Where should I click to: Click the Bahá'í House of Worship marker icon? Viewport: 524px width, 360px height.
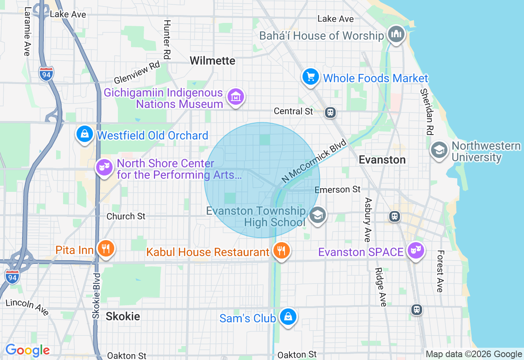[396, 34]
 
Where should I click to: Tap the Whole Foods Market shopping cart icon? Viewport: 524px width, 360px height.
[311, 76]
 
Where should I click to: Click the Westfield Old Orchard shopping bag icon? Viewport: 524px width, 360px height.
[85, 134]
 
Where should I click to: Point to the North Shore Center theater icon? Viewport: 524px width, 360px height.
[104, 166]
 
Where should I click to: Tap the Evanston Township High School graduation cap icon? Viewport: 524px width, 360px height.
[317, 214]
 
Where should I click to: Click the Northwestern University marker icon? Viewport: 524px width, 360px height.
[439, 150]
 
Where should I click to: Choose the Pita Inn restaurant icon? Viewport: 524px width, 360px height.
[106, 248]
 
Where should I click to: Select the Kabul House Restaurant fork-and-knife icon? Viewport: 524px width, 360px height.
[281, 250]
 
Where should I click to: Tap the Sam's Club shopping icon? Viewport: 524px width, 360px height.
[288, 317]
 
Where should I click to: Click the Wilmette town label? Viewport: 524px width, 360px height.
[212, 61]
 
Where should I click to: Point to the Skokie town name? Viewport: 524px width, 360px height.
[123, 316]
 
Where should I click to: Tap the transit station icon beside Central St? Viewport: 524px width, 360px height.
[330, 112]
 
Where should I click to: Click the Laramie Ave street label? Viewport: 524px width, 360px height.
[27, 31]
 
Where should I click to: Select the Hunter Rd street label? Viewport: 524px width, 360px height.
[167, 39]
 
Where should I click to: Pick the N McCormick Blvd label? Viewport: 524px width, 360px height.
[314, 161]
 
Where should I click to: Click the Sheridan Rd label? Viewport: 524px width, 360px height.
[427, 111]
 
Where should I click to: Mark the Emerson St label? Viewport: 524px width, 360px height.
[338, 189]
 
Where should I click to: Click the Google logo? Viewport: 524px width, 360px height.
[27, 350]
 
